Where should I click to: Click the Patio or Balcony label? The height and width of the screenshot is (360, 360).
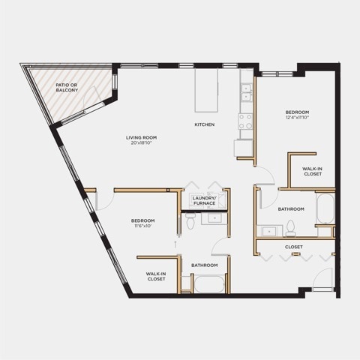coord(67,88)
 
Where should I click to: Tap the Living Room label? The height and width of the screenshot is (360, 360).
coord(141,137)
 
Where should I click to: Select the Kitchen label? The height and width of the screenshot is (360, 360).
coord(205,124)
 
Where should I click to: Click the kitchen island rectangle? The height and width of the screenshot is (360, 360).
coord(206,91)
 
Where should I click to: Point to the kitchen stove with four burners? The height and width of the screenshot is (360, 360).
coord(245,121)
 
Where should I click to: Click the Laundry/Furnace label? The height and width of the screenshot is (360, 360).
coord(205,201)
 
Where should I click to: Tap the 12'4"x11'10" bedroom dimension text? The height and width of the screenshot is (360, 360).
coord(297,117)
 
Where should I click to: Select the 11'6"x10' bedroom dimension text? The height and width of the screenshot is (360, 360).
coord(142,226)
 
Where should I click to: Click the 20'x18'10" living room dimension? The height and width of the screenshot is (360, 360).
coord(141,143)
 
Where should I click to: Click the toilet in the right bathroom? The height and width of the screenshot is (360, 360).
coord(290,228)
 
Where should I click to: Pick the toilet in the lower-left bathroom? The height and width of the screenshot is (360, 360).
coord(190,221)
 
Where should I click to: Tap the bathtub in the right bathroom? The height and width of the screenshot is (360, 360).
coord(325,208)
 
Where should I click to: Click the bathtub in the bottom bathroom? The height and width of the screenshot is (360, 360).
coord(209,284)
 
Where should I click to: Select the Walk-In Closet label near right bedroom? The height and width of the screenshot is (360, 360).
coord(313,171)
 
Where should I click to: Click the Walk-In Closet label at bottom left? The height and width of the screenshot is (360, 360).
coord(156,277)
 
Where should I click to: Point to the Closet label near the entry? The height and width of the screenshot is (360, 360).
coord(294,247)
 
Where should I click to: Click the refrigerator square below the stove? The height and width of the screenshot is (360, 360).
coord(244,148)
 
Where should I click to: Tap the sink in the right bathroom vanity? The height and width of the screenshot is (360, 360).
coord(269,232)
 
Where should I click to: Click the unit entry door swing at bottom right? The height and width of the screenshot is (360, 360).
coord(322,278)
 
